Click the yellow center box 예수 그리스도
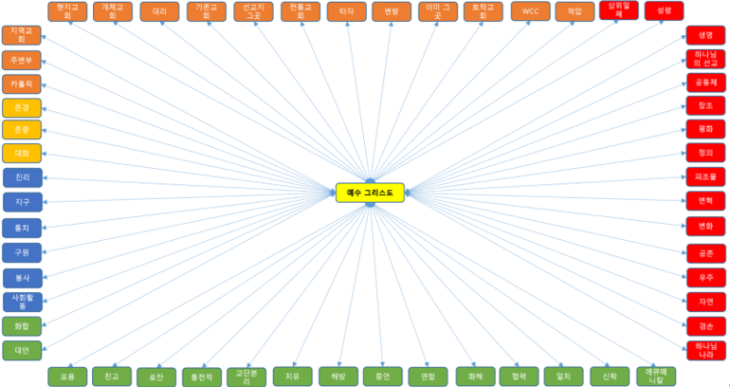pyautogui.click(x=370, y=193)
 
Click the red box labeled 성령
pyautogui.click(x=664, y=11)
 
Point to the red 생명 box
pyautogui.click(x=705, y=35)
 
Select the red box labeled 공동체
pyautogui.click(x=705, y=83)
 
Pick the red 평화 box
pyautogui.click(x=705, y=129)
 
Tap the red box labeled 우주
pyautogui.click(x=705, y=277)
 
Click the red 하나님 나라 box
pyautogui.click(x=705, y=349)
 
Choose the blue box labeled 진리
pyautogui.click(x=22, y=178)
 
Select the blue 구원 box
pyautogui.click(x=22, y=252)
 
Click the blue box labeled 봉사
pyautogui.click(x=22, y=278)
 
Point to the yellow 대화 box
pyautogui.click(x=22, y=153)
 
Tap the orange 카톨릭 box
pyautogui.click(x=22, y=83)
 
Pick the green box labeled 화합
pyautogui.click(x=22, y=326)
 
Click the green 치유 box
pyautogui.click(x=292, y=376)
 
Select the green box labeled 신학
pyautogui.click(x=609, y=376)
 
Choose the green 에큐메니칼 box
pyautogui.click(x=655, y=376)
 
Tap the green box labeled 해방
pyautogui.click(x=338, y=376)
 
